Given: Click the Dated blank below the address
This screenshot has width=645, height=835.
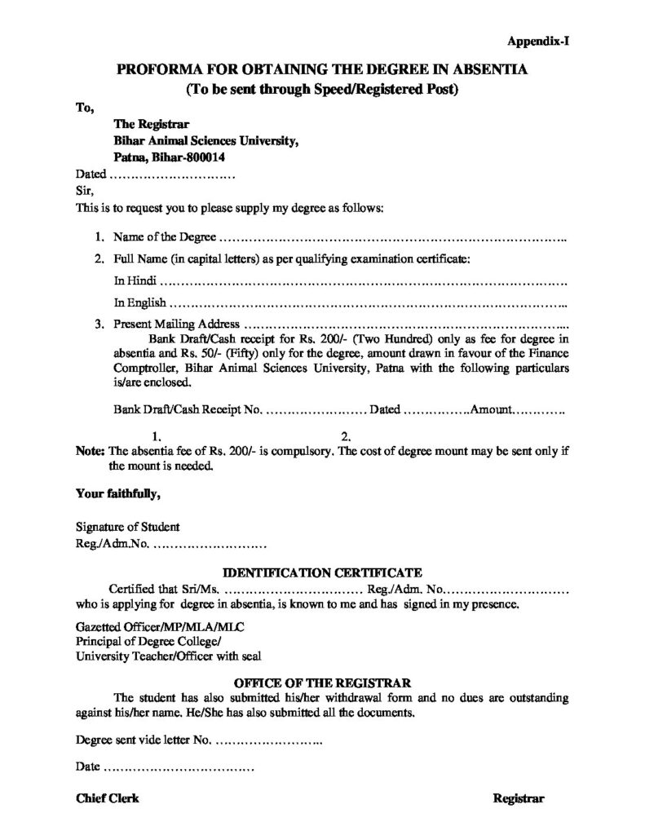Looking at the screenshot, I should [172, 175].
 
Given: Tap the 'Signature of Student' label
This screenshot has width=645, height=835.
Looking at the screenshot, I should [127, 527].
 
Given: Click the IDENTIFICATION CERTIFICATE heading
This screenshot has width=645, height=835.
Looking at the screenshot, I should [322, 573].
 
